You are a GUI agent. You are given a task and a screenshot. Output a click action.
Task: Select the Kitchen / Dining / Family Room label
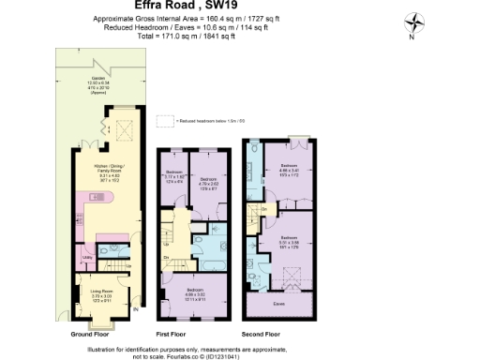(x=110, y=172)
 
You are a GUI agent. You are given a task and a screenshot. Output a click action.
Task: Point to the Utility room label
(x=86, y=255)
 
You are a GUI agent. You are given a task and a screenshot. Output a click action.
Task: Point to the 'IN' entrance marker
(x=135, y=309)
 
